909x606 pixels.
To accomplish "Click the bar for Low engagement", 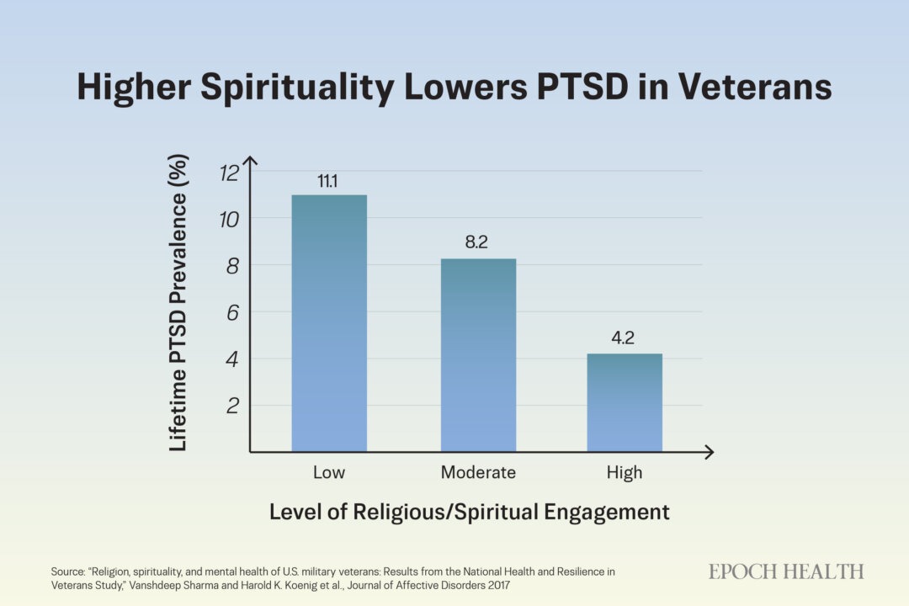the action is [x=329, y=323].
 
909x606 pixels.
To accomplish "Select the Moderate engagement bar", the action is [x=478, y=355].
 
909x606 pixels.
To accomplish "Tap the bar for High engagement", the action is [x=625, y=402].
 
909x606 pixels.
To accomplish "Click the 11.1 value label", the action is [x=327, y=182].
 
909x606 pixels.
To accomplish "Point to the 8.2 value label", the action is [x=476, y=242].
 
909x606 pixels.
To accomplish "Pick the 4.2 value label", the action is [x=623, y=338].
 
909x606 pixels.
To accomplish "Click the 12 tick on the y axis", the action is [x=229, y=173].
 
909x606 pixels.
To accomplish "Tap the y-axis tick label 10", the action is [x=229, y=219].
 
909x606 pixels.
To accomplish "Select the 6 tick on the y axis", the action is [x=232, y=312].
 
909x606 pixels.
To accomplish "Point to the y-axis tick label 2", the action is [x=232, y=406].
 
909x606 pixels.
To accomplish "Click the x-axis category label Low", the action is [x=329, y=472].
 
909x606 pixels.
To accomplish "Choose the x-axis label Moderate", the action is [x=478, y=472].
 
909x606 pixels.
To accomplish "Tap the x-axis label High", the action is [x=625, y=473].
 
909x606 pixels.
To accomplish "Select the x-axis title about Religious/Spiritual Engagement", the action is [x=470, y=512].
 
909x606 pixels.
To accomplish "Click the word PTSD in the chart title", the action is [x=582, y=87].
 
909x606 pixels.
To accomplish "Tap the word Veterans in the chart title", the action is [x=755, y=87].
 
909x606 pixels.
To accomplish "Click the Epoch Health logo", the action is [x=786, y=571].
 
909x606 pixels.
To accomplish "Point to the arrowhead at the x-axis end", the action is [x=709, y=452].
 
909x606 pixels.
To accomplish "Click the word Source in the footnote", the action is [x=67, y=571].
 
